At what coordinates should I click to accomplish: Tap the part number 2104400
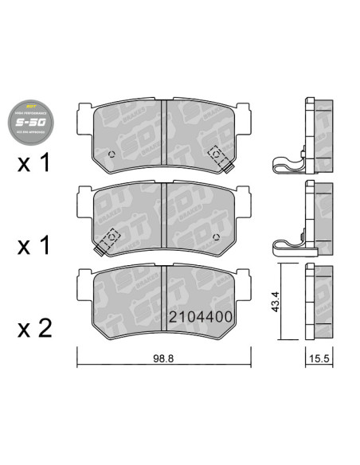point(200,317)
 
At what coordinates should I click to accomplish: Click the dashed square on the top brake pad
point(215,153)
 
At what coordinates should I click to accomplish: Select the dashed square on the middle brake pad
point(112,236)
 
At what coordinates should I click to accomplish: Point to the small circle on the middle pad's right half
point(216,237)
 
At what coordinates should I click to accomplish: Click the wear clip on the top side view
point(286,165)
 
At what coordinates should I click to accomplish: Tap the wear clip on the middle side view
point(286,245)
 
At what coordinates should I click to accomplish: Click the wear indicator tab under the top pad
point(227,166)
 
